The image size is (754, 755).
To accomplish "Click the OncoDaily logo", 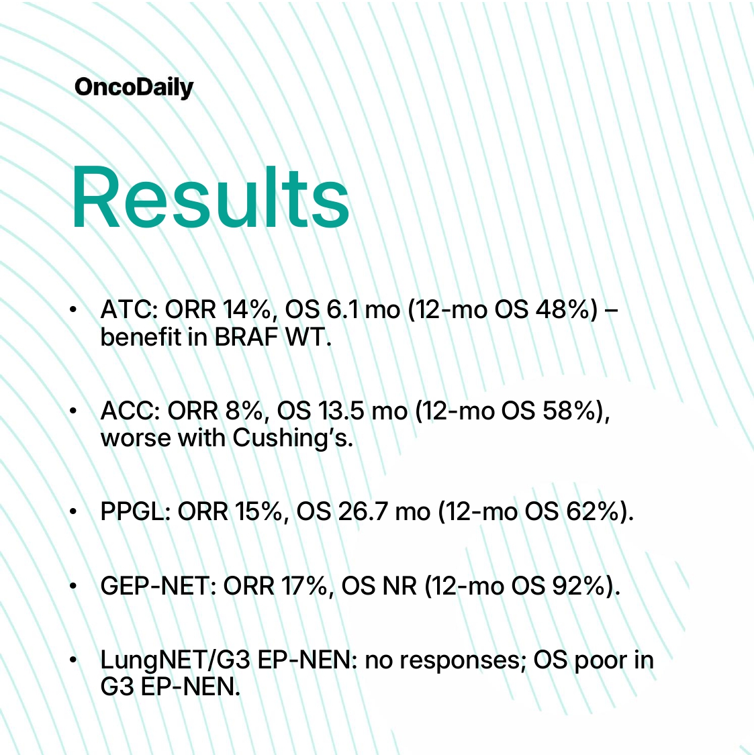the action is click(x=134, y=88).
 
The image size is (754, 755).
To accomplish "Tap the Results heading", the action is click(x=211, y=197).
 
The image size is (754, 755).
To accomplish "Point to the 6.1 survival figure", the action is click(x=342, y=309).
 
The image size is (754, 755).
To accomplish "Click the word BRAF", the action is click(x=246, y=337).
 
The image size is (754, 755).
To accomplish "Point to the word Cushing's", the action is click(x=293, y=438).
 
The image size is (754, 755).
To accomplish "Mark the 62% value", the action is click(x=593, y=511).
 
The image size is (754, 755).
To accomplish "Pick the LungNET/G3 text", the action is click(x=175, y=660).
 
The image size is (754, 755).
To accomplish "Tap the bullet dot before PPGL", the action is click(x=73, y=511).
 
